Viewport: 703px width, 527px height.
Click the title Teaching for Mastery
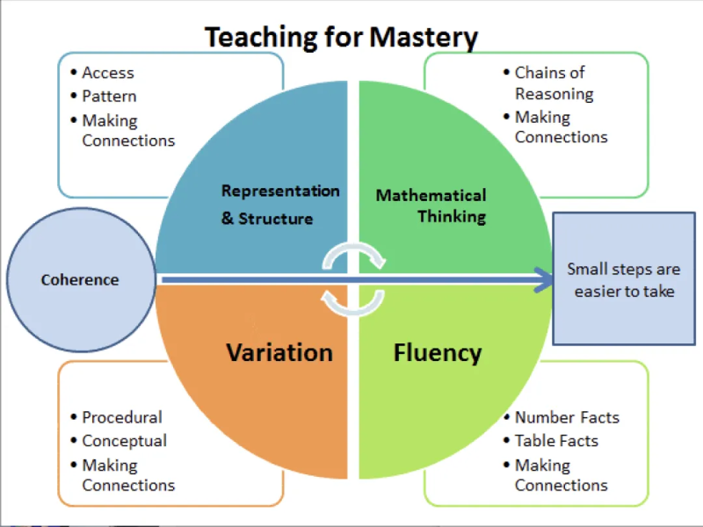click(341, 37)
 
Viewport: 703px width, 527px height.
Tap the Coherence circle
click(79, 280)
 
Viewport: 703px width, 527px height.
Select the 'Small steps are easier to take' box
click(624, 279)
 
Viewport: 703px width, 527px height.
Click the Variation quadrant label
click(279, 353)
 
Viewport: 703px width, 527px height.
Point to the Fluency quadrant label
click(438, 353)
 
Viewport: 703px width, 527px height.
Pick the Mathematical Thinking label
click(431, 205)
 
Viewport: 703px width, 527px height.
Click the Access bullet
click(108, 73)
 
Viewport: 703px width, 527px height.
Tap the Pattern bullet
click(109, 96)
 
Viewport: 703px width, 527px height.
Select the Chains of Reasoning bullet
click(553, 83)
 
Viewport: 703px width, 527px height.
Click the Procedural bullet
click(122, 417)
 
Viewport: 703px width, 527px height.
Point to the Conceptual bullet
click(124, 441)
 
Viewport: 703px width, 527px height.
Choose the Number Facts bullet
click(567, 417)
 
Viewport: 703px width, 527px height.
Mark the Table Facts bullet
click(556, 441)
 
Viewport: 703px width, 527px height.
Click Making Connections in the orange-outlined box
click(128, 475)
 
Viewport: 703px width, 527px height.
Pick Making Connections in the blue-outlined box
click(128, 130)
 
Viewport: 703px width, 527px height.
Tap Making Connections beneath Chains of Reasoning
click(561, 127)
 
